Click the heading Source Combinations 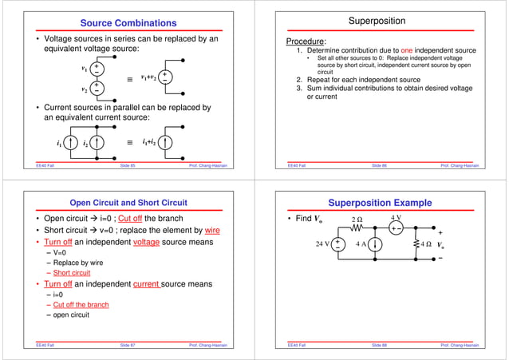(x=128, y=22)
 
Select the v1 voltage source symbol (x=96, y=70)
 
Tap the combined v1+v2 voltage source (x=164, y=77)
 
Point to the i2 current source (x=96, y=144)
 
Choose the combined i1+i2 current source (x=165, y=144)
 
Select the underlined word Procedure (x=306, y=42)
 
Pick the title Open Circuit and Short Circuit (x=128, y=203)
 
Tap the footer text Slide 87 (x=128, y=345)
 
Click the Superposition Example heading (x=381, y=203)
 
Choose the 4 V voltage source (x=396, y=227)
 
